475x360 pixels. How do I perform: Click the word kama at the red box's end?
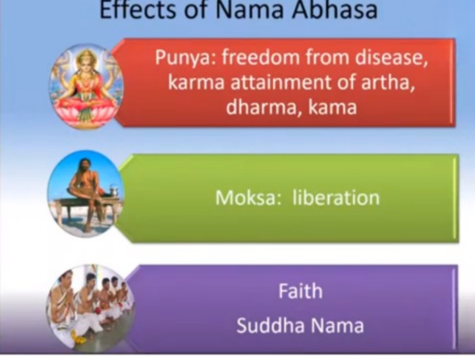click(x=332, y=107)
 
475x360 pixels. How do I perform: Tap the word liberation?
click(x=336, y=198)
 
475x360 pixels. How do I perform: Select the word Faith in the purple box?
click(x=301, y=291)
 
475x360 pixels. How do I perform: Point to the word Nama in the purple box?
click(x=336, y=325)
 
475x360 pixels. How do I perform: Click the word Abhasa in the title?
click(x=335, y=10)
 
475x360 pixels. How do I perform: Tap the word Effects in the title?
click(x=137, y=10)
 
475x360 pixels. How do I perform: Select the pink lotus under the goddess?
click(x=86, y=112)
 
